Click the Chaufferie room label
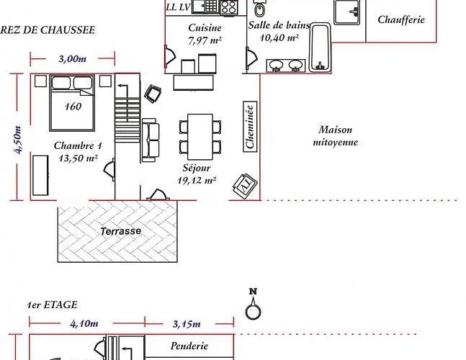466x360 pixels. click(x=401, y=19)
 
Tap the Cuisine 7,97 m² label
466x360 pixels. click(x=204, y=34)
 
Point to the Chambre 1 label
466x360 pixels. click(x=78, y=152)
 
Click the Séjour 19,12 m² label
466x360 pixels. click(x=197, y=174)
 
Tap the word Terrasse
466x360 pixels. click(x=120, y=232)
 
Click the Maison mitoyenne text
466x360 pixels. click(x=335, y=136)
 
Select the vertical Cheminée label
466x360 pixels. click(x=250, y=127)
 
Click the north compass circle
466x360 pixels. click(x=252, y=311)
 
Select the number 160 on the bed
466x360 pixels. click(x=72, y=107)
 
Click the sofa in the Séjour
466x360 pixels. click(x=151, y=140)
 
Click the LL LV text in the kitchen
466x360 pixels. click(x=177, y=7)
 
